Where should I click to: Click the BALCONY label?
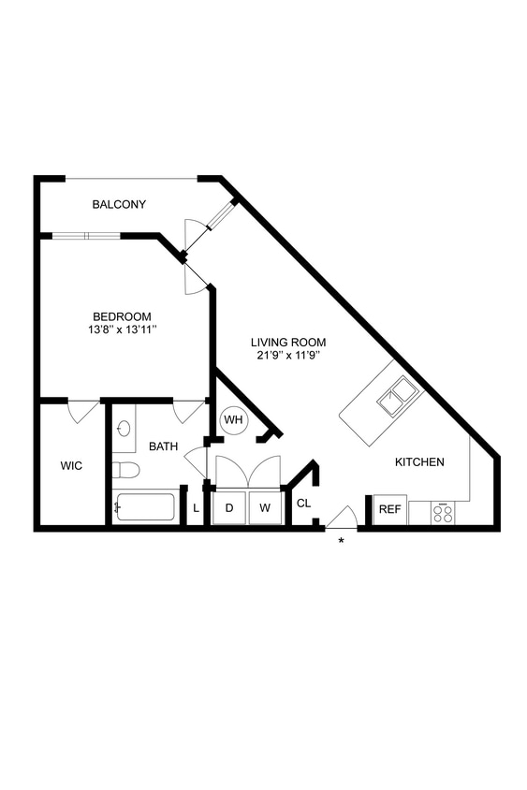pos(119,204)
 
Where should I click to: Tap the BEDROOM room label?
pos(122,316)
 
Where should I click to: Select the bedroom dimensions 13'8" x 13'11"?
pos(122,329)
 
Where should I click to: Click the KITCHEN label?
pos(418,462)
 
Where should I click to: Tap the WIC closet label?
pos(72,465)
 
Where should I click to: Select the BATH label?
pos(163,447)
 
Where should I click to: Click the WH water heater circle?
pos(233,419)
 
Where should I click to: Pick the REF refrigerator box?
pos(389,510)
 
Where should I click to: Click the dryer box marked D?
pos(229,508)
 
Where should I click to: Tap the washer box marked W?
pos(265,508)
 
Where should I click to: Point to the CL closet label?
pos(303,504)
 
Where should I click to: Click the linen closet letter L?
pos(196,509)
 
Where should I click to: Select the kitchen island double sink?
pos(398,396)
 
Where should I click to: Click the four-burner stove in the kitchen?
pos(443,513)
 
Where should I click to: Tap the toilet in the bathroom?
pos(124,469)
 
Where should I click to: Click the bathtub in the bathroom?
pos(144,507)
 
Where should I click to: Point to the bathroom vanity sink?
pos(124,430)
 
